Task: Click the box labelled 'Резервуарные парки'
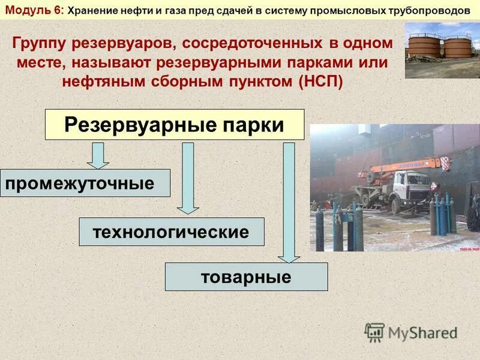[x=175, y=125]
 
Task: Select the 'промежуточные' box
[x=85, y=183]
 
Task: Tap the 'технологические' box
[x=172, y=232]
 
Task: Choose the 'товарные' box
[x=246, y=277]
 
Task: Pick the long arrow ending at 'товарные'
[x=289, y=201]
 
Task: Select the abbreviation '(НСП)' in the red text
[x=320, y=81]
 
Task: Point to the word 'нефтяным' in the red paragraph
[x=100, y=81]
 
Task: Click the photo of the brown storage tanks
[x=442, y=50]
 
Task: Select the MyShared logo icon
[x=374, y=332]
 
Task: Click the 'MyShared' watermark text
[x=422, y=332]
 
